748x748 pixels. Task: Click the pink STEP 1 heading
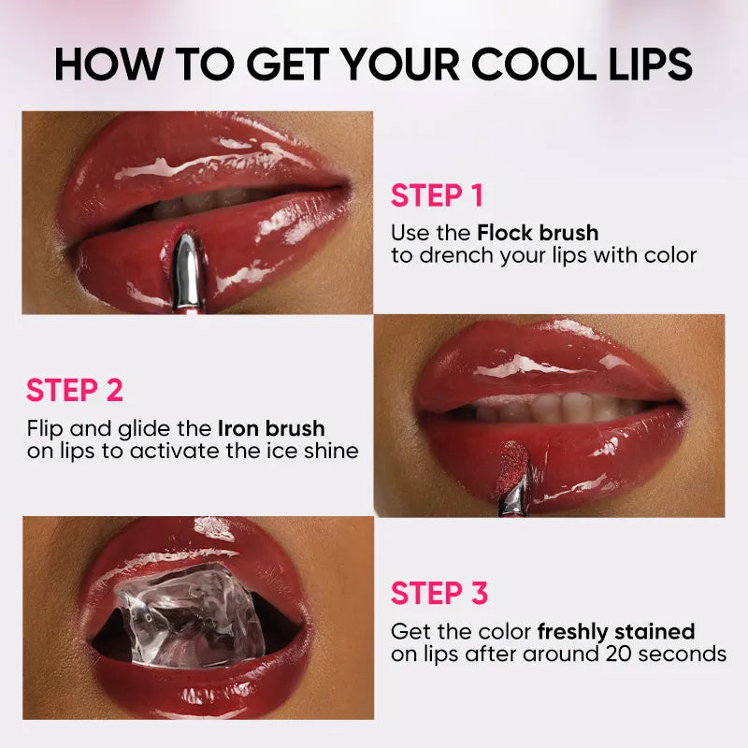click(x=438, y=195)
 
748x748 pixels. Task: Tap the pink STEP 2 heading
click(x=75, y=391)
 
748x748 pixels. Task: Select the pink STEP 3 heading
click(x=439, y=593)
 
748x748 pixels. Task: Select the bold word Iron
click(x=239, y=428)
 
